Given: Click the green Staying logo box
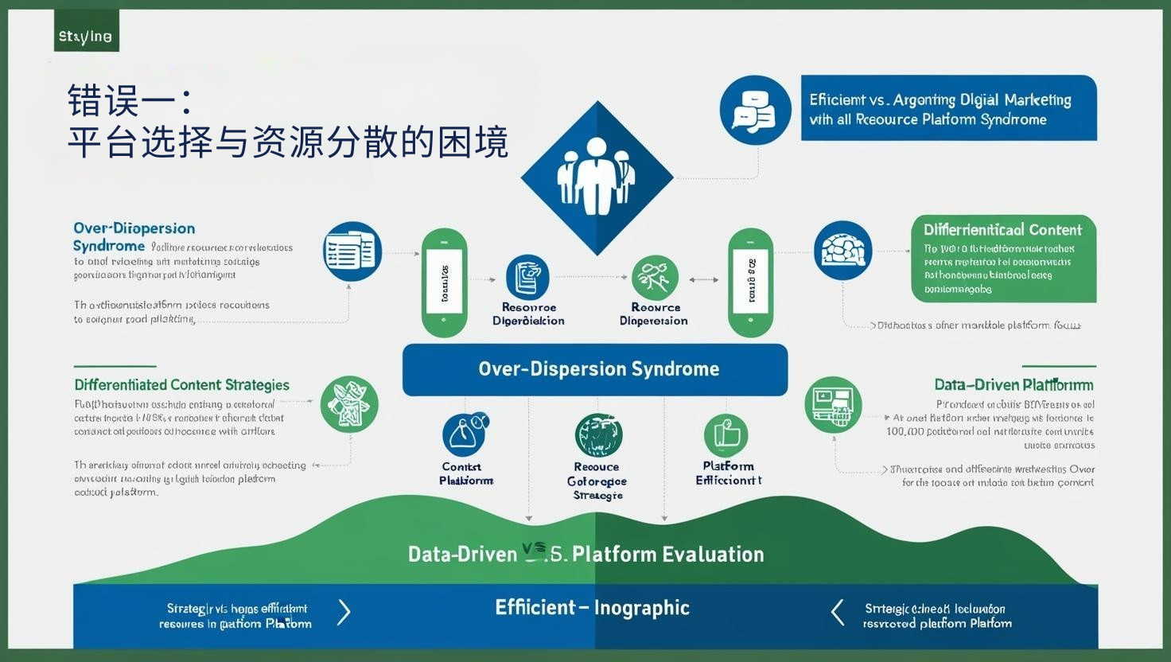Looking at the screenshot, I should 86,32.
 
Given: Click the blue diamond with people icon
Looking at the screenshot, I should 597,177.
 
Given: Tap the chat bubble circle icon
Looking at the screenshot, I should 755,110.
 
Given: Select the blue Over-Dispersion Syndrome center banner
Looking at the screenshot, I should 595,369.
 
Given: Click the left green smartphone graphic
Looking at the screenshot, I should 444,282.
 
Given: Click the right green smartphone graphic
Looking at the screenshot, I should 750,282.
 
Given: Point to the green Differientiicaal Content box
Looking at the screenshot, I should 1003,259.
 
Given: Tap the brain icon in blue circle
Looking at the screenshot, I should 842,251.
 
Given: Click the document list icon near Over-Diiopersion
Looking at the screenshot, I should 352,251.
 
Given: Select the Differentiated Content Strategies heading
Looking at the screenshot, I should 181,385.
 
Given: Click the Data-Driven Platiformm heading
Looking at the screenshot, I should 1013,385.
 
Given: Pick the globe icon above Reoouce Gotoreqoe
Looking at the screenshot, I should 598,435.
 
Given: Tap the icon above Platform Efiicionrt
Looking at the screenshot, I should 726,435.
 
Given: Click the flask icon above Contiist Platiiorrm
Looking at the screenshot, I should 465,434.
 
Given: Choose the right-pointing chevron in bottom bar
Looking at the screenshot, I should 344,612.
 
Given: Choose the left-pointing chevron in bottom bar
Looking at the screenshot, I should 837,613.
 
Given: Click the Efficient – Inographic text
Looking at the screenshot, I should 592,608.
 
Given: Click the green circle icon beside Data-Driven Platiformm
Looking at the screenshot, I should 833,404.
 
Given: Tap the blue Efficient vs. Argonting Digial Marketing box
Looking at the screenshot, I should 948,108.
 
